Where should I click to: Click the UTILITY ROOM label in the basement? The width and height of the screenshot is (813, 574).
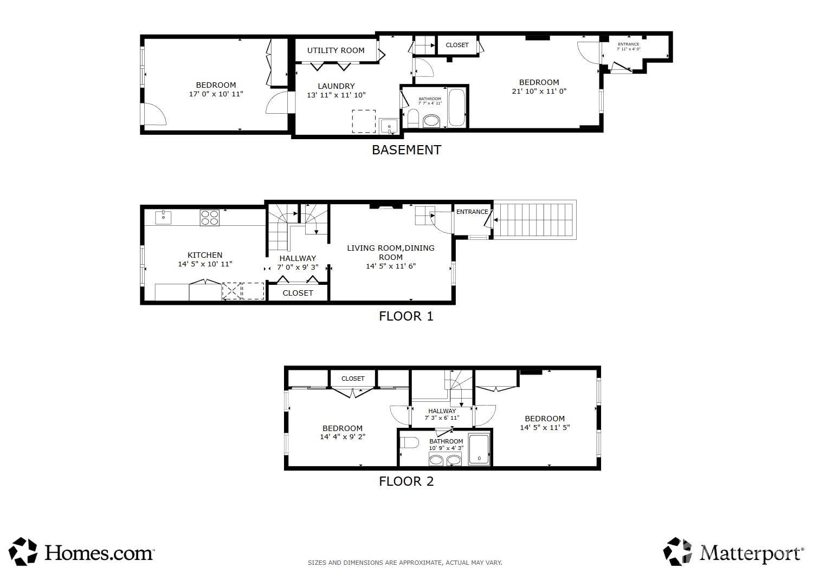335,50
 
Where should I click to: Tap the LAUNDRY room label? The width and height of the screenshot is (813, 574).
336,86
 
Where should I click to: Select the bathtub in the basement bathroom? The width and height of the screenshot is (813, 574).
456,108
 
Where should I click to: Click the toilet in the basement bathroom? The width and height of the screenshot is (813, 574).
413,118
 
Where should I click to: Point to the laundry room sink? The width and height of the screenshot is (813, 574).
389,127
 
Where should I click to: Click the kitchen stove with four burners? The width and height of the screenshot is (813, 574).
210,217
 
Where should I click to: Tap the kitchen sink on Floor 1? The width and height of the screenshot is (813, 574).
163,217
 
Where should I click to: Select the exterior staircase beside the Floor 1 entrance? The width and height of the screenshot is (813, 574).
534,220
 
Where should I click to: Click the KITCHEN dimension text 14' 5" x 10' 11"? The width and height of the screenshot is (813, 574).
205,264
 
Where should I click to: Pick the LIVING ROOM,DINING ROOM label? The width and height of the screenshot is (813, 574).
390,252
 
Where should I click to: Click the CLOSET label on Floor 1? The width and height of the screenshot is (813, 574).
298,293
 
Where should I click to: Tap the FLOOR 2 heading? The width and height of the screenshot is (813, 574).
406,481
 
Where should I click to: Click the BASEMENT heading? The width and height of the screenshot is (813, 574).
406,150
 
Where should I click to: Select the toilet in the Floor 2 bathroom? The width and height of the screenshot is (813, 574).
410,443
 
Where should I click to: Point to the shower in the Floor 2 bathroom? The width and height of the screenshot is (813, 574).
479,449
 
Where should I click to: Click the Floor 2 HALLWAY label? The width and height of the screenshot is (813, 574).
442,411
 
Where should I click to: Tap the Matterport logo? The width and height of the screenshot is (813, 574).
734,552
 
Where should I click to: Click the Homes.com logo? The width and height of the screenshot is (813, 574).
82,552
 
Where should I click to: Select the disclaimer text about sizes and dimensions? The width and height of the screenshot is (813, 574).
405,563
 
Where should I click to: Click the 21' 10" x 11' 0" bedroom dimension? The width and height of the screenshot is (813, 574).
539,92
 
